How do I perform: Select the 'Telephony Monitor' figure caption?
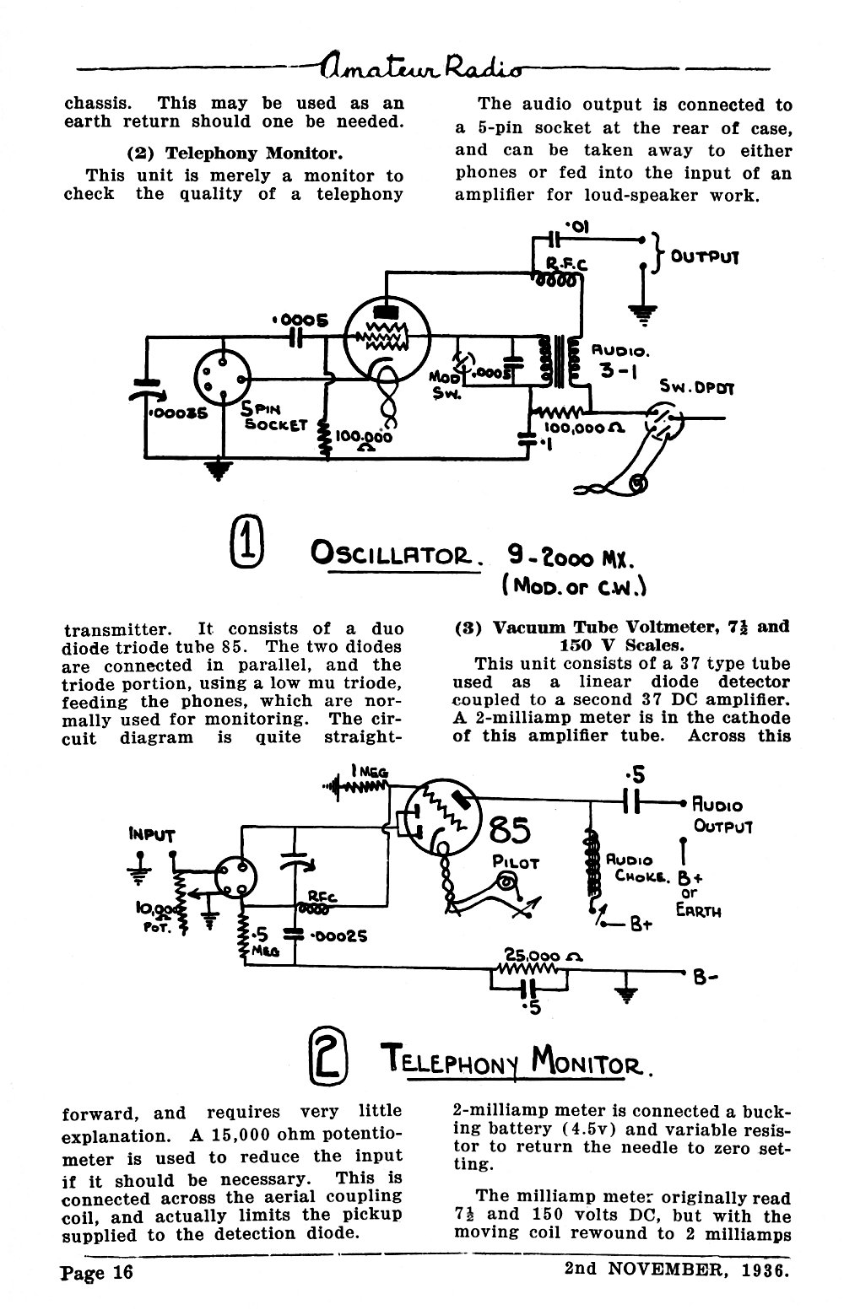517,1059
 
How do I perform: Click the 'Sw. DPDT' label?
696,387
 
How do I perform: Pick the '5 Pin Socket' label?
273,417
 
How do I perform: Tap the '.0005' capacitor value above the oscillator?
300,321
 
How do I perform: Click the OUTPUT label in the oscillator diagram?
704,256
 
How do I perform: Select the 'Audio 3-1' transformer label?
619,361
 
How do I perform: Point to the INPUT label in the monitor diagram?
152,834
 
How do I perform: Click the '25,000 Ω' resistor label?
543,957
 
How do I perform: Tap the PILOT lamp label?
516,862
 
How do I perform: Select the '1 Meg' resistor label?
370,771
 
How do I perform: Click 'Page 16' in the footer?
97,1273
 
